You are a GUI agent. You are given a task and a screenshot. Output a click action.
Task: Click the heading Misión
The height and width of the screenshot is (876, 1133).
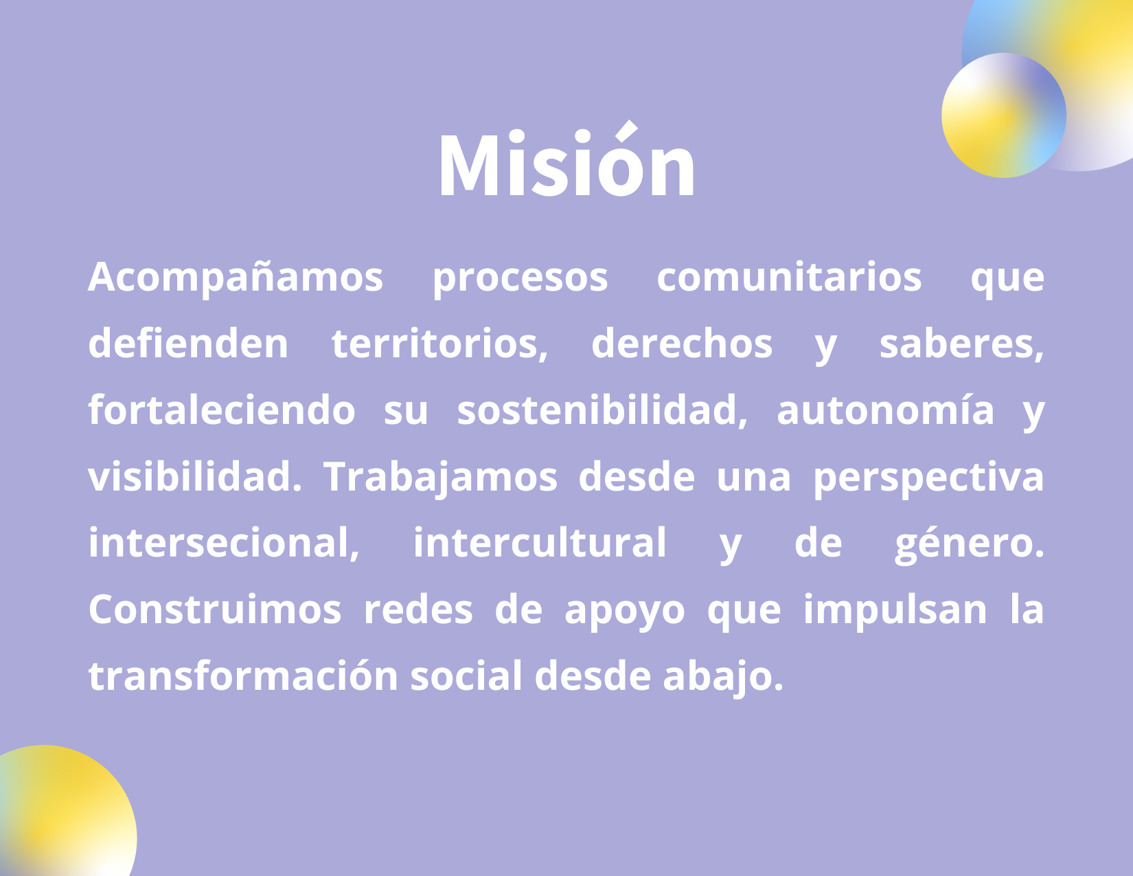pos(566,159)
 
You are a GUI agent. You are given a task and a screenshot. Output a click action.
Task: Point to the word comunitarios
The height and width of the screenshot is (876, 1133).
pos(789,276)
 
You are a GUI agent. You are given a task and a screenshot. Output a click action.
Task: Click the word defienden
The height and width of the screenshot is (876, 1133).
pos(188,343)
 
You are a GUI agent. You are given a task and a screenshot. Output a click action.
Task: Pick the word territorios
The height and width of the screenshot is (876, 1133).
pos(440,344)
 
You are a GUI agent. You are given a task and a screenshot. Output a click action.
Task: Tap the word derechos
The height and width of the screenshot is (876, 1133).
pos(682,343)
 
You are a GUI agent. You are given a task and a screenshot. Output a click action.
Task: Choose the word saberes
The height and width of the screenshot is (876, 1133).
pos(962,344)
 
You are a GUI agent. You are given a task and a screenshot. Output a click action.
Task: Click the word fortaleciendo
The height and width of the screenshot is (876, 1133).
pos(222,409)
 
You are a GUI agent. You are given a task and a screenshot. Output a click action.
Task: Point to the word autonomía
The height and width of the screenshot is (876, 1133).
pos(885,409)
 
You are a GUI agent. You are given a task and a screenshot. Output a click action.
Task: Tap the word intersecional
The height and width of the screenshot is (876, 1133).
pos(224,543)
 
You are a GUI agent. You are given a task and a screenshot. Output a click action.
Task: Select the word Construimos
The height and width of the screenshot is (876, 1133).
pos(215,609)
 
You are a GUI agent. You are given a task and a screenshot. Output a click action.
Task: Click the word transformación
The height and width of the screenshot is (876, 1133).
pos(243,675)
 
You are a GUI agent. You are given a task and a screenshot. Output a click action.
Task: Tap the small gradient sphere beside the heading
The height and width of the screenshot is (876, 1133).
pos(1004,115)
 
